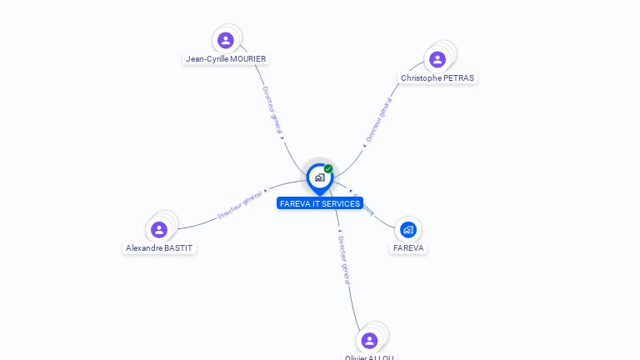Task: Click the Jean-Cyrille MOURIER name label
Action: [x=226, y=59]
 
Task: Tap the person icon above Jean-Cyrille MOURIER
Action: [x=225, y=40]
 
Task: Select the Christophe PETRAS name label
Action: [x=437, y=78]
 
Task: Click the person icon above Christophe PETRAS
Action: [x=437, y=59]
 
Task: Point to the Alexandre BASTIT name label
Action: [x=159, y=248]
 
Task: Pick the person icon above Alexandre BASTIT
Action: [x=158, y=229]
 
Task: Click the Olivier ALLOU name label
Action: [x=369, y=357]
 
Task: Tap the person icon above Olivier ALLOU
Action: [x=369, y=340]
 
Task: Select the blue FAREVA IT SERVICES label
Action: [x=320, y=203]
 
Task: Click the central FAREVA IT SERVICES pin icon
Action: [x=319, y=177]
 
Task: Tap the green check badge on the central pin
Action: [x=328, y=168]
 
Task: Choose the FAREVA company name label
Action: [x=408, y=248]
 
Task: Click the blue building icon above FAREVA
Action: [x=407, y=229]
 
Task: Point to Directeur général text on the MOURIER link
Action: [x=272, y=110]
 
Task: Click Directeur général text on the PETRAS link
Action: [x=379, y=122]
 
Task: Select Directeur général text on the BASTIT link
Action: [x=240, y=205]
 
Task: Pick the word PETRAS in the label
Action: [x=458, y=78]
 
